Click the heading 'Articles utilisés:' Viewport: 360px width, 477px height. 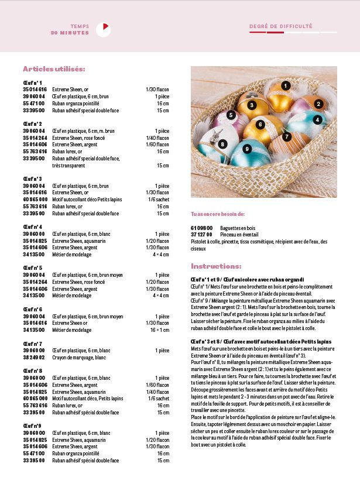coord(54,69)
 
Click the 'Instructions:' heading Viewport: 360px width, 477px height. coord(216,266)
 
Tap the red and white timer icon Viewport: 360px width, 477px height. coord(103,29)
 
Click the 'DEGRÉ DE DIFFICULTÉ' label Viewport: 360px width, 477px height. coord(280,26)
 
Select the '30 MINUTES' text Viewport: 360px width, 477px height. coord(70,33)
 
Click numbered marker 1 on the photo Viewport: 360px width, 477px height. coord(286,85)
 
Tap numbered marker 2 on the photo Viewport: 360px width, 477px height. coord(319,104)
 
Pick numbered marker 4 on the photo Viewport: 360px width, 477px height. coord(318,120)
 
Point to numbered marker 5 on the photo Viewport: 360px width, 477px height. coord(231,115)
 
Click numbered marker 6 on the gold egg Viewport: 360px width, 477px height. coord(262,124)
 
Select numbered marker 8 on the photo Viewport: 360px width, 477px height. coord(222,144)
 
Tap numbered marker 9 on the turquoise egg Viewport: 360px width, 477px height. coord(248,149)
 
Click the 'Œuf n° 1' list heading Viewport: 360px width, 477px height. coord(32,82)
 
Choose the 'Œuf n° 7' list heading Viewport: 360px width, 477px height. coord(32,344)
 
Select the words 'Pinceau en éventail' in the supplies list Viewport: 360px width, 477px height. coord(239,235)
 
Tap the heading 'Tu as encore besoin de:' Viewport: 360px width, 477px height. coord(218,214)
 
